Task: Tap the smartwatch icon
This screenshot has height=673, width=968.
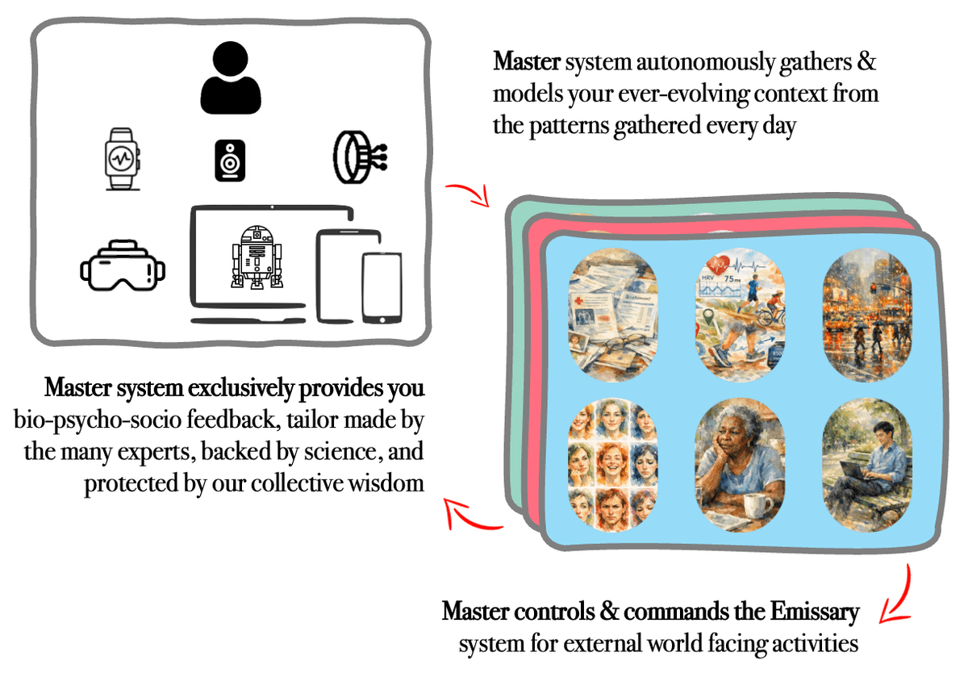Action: point(123,158)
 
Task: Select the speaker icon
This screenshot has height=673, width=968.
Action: point(231,158)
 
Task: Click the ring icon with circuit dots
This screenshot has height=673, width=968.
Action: point(357,157)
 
